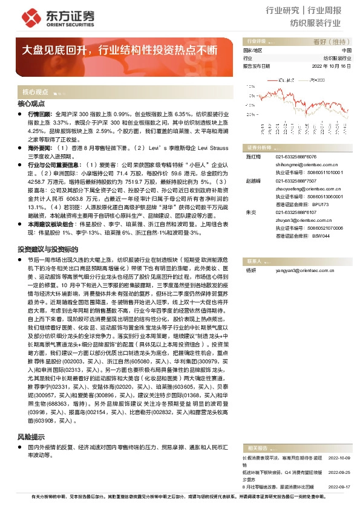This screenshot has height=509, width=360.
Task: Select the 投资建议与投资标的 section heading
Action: point(48,248)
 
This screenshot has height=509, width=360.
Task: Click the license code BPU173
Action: point(322,204)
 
